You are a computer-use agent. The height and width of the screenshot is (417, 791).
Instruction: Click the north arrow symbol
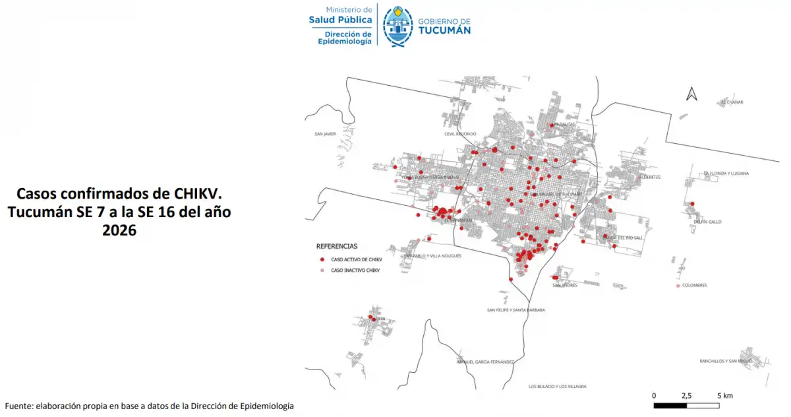click(x=691, y=94)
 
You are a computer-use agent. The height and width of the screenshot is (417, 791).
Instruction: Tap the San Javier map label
click(x=326, y=134)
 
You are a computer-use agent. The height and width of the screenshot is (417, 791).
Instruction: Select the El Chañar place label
click(x=732, y=102)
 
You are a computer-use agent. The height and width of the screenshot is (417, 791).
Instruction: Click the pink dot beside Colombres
click(x=678, y=286)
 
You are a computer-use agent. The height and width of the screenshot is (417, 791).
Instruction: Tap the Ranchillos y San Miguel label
click(x=725, y=361)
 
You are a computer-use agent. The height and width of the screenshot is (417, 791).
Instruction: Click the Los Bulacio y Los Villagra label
click(x=557, y=386)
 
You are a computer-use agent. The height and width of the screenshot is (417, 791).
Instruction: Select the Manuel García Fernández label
click(x=486, y=362)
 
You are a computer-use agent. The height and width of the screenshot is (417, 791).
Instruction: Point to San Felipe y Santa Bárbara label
click(x=515, y=309)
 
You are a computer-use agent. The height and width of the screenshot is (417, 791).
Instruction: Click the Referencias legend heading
click(x=337, y=246)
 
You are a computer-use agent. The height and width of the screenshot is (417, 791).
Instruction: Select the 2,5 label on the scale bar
click(x=686, y=395)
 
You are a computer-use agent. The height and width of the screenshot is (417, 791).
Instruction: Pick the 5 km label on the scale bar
click(x=724, y=395)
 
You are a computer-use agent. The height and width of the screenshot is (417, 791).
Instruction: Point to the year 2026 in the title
click(x=119, y=230)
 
